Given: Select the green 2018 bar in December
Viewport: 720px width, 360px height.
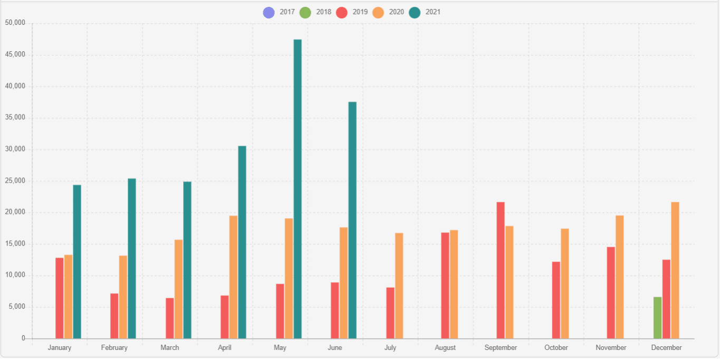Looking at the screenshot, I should click(x=657, y=318).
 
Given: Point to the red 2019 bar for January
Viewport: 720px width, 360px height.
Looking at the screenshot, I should click(x=59, y=298).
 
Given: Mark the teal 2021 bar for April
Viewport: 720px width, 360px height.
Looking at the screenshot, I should click(x=242, y=242).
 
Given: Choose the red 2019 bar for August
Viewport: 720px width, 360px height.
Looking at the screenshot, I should click(x=445, y=286).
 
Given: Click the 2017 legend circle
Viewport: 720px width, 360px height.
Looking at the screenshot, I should click(x=269, y=12).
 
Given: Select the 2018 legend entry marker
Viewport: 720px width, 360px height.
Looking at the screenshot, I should click(x=305, y=12).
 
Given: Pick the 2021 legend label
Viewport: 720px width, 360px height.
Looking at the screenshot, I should click(x=433, y=12).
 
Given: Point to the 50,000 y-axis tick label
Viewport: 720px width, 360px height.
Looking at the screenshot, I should click(x=15, y=23).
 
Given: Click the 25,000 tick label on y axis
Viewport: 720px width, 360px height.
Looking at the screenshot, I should click(x=15, y=181).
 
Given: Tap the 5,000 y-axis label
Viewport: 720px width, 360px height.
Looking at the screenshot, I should click(x=16, y=307).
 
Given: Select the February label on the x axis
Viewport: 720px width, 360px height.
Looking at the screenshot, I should click(x=114, y=348).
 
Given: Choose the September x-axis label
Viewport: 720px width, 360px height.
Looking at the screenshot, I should click(x=500, y=348).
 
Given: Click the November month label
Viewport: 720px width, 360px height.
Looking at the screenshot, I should click(x=611, y=348).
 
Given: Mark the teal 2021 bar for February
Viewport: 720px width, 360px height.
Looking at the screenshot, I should click(x=131, y=259).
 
